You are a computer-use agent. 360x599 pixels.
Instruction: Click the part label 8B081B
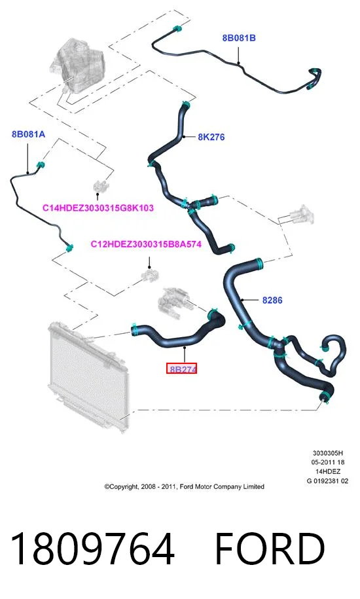click(x=239, y=38)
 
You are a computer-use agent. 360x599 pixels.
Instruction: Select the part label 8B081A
click(x=28, y=134)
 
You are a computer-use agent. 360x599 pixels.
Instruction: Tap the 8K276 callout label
click(x=211, y=137)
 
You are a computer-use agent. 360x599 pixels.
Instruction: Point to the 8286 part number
click(x=272, y=300)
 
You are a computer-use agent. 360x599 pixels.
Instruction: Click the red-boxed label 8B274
click(x=182, y=369)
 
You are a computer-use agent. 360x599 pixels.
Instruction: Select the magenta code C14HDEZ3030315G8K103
click(x=98, y=208)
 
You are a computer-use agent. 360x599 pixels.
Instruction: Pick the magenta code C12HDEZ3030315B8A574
click(x=146, y=244)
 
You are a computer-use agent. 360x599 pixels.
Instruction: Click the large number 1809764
click(x=92, y=549)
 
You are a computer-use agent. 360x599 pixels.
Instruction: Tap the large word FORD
click(x=270, y=549)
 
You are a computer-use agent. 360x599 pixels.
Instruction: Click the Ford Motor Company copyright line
click(x=185, y=486)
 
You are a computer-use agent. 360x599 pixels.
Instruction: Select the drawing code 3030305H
click(x=327, y=454)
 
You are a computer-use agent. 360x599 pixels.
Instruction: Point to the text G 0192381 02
click(x=327, y=481)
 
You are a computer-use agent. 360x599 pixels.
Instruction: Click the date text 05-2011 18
click(x=327, y=463)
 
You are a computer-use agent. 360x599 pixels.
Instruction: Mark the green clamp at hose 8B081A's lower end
click(x=69, y=248)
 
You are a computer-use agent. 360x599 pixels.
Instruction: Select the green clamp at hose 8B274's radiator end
click(x=134, y=329)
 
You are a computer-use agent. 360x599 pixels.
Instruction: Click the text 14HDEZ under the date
click(x=327, y=472)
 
